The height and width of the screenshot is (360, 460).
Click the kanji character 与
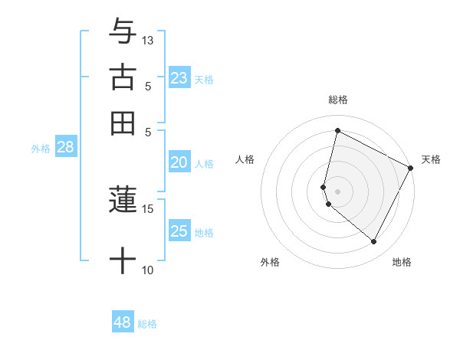(x=123, y=32)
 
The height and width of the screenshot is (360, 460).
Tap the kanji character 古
(x=123, y=77)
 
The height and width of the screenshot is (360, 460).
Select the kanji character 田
(x=123, y=123)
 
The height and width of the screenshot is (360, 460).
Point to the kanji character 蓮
(x=123, y=200)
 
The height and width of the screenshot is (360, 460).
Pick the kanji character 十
(x=123, y=261)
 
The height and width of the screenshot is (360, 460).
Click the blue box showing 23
(x=179, y=78)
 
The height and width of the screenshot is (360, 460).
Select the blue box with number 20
(x=179, y=162)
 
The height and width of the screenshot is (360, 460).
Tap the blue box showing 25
(x=179, y=231)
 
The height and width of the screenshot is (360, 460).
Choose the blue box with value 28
(x=65, y=147)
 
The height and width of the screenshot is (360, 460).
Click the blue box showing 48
(x=123, y=322)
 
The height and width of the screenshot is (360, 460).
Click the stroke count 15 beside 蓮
(x=148, y=208)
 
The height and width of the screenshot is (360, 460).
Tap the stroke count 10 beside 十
(x=148, y=270)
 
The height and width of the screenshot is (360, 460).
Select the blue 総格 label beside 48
(x=147, y=324)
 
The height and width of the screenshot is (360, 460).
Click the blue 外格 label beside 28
(x=41, y=149)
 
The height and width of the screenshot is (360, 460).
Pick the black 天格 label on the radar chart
(x=431, y=159)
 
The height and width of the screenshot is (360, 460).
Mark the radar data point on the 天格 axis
(x=411, y=169)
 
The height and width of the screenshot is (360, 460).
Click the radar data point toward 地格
(x=373, y=242)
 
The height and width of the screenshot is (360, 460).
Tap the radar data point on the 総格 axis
(x=337, y=130)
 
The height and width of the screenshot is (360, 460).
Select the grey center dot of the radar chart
(x=337, y=191)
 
